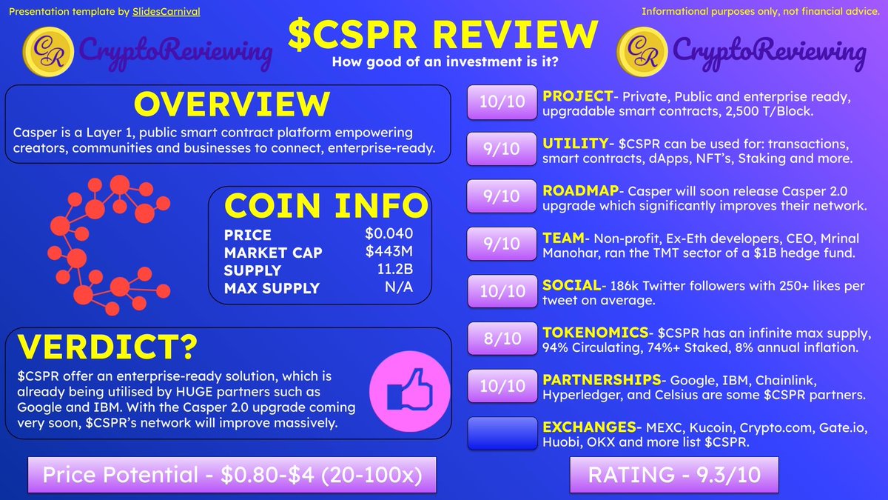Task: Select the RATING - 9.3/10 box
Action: click(674, 475)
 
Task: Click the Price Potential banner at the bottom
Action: click(232, 475)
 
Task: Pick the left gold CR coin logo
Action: click(47, 51)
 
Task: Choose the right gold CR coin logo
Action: click(640, 51)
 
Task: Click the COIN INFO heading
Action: click(326, 206)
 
